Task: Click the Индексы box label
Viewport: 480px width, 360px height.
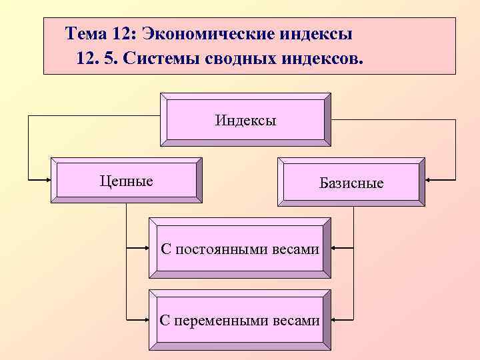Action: pyautogui.click(x=245, y=121)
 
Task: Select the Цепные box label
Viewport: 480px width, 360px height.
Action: pyautogui.click(x=126, y=181)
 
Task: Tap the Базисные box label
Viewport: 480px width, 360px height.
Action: pyautogui.click(x=351, y=183)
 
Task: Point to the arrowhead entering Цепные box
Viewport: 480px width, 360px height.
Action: pyautogui.click(x=48, y=179)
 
